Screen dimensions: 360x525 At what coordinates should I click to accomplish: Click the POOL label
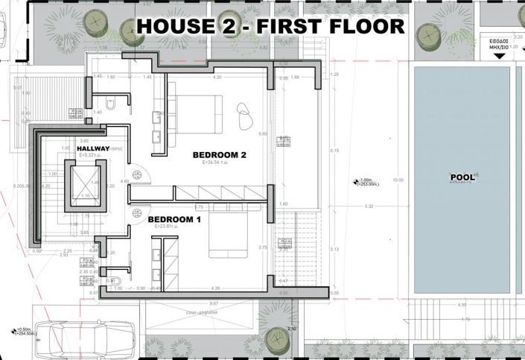tap(462, 178)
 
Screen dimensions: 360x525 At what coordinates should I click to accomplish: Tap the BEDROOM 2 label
tap(219, 155)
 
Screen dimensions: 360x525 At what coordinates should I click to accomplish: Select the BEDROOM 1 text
tap(174, 220)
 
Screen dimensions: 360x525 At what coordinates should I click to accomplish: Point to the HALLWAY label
tap(93, 149)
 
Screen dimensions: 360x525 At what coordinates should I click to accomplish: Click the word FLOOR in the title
tap(371, 26)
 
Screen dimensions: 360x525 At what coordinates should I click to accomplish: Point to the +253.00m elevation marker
tap(365, 183)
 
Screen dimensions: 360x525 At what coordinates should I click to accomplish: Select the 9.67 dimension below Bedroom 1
tap(214, 303)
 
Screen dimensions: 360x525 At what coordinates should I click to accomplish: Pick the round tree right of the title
tap(430, 34)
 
